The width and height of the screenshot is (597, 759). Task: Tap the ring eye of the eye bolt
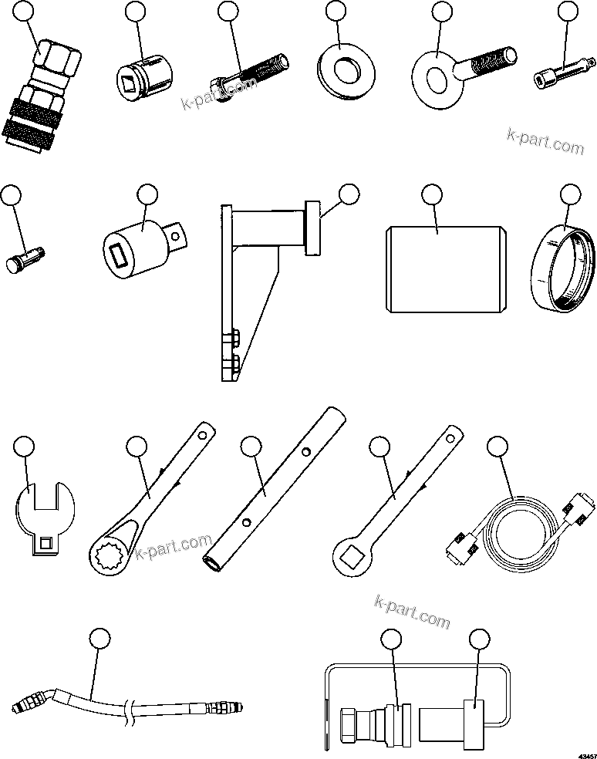point(434,69)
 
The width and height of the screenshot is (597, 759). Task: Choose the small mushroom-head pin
point(24,258)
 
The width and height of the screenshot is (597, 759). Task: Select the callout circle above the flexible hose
point(99,638)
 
